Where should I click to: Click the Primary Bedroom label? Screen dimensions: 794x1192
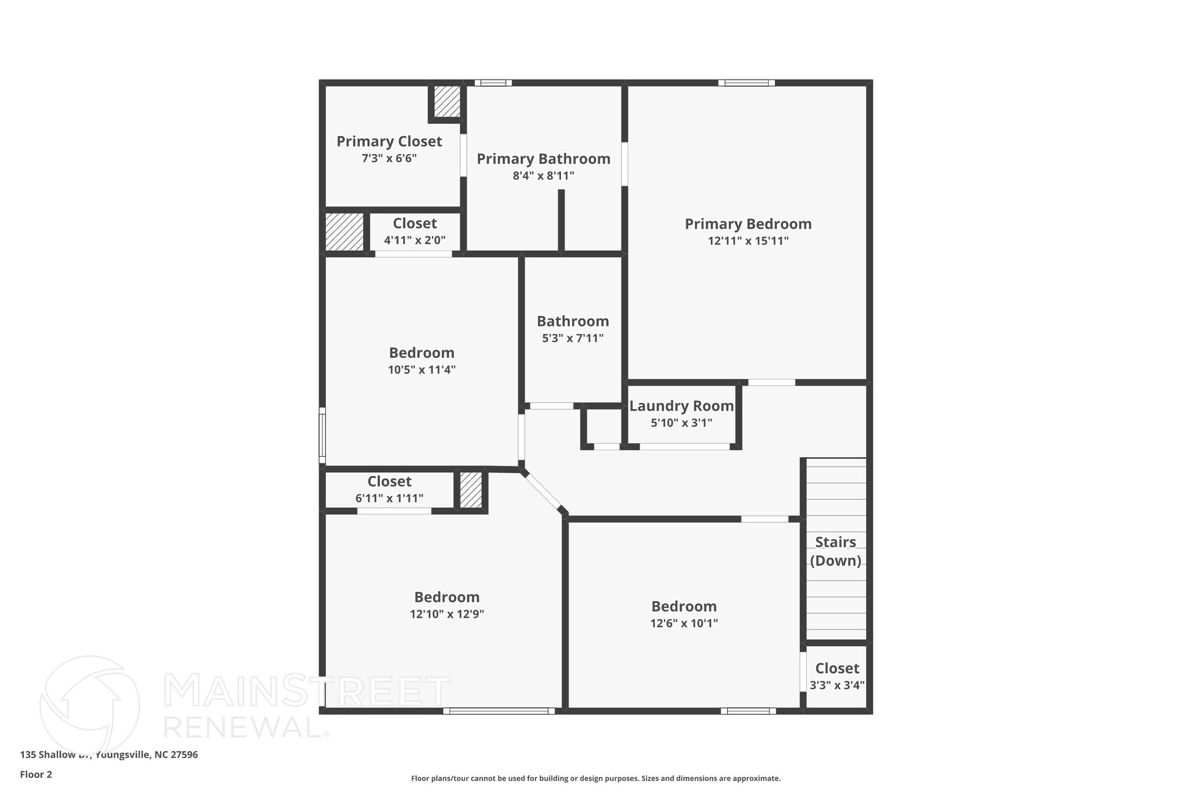[748, 224]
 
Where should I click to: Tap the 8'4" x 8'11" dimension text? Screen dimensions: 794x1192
[543, 176]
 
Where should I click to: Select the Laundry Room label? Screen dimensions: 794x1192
[681, 406]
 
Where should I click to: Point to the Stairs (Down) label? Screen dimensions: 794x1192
[835, 551]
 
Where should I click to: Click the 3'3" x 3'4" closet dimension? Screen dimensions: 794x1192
[837, 685]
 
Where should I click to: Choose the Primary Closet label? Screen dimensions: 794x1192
[389, 141]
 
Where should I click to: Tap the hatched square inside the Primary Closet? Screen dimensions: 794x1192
[447, 101]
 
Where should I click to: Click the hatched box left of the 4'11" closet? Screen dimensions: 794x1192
[344, 232]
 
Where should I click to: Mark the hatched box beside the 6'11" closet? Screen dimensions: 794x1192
[471, 490]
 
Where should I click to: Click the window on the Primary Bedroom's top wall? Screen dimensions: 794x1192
[746, 83]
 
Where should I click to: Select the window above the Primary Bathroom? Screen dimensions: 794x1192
[493, 83]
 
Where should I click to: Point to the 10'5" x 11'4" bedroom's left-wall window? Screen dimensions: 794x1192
[322, 435]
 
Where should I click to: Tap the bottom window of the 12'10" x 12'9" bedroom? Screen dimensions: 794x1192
[499, 711]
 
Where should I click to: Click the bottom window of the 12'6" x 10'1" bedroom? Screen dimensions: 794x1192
[748, 711]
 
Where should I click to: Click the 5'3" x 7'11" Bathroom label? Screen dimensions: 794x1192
[573, 322]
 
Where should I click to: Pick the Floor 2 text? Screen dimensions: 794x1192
[36, 774]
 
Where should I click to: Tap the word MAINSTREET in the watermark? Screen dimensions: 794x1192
[307, 691]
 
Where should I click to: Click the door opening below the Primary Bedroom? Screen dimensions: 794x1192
[771, 382]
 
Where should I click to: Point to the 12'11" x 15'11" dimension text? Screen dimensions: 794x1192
[748, 241]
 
